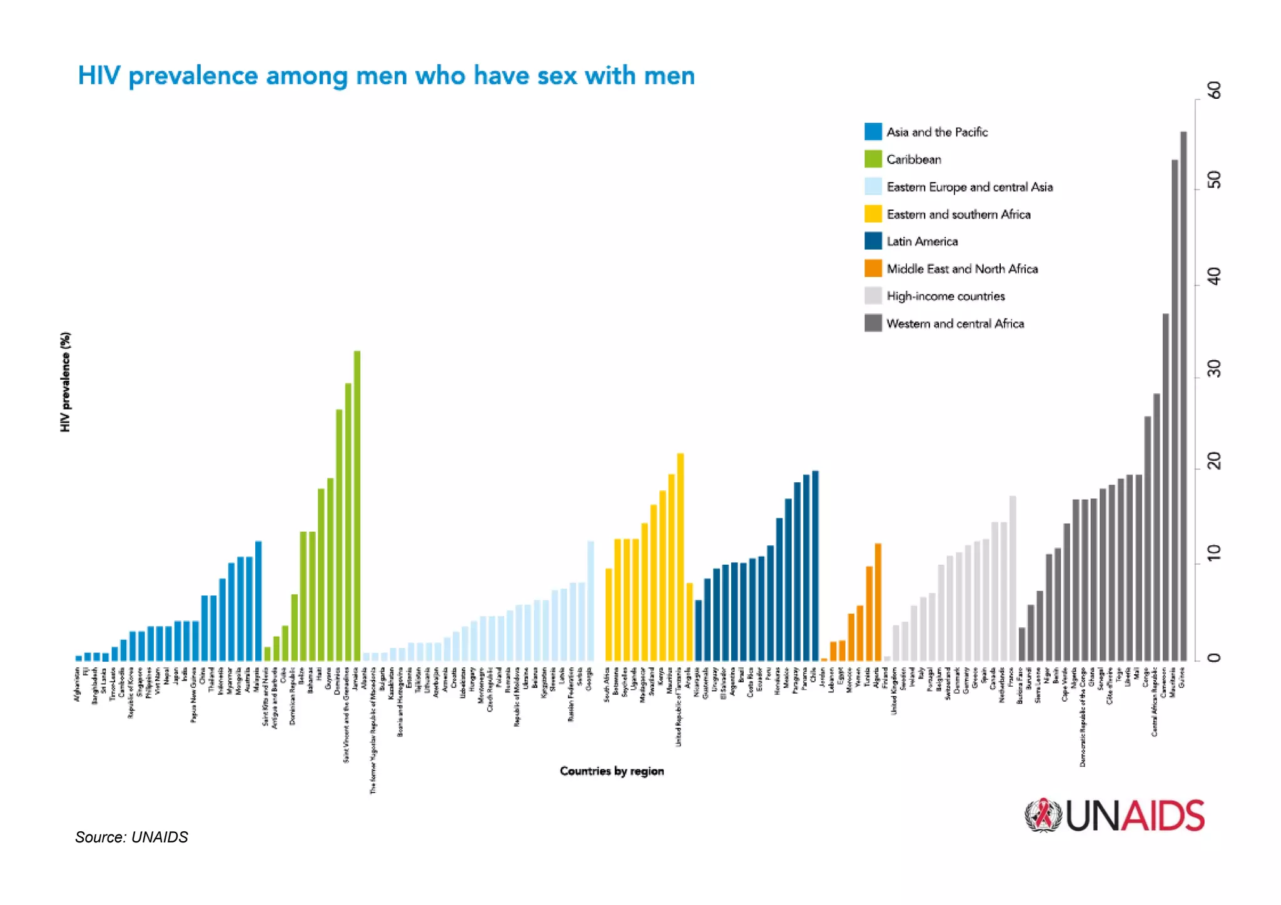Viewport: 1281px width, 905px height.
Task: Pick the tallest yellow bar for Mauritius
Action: click(x=681, y=557)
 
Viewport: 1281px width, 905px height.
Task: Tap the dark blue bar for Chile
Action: click(x=815, y=565)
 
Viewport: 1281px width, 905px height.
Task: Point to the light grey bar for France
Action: click(x=1013, y=578)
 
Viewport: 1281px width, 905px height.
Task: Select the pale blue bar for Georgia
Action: click(x=590, y=600)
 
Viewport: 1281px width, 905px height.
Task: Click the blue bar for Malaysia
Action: click(x=258, y=600)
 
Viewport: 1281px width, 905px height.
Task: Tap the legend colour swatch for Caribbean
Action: click(x=873, y=159)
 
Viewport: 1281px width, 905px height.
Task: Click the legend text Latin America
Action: click(x=922, y=241)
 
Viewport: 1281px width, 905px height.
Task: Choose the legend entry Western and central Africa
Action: click(x=954, y=323)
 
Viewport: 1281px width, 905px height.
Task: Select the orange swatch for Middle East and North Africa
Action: click(x=873, y=268)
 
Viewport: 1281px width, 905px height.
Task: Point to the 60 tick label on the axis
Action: click(x=1214, y=90)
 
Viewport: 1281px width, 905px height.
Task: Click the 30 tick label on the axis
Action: click(x=1214, y=369)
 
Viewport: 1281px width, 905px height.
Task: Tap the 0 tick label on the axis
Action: click(x=1214, y=657)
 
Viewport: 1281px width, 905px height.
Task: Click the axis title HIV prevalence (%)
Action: click(x=66, y=382)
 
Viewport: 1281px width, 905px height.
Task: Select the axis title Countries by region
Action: click(x=611, y=771)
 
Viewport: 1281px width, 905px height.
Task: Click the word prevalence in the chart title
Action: click(x=193, y=76)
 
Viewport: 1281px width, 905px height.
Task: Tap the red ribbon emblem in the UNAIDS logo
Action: click(x=1043, y=814)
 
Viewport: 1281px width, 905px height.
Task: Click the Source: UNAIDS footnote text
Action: click(x=131, y=837)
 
